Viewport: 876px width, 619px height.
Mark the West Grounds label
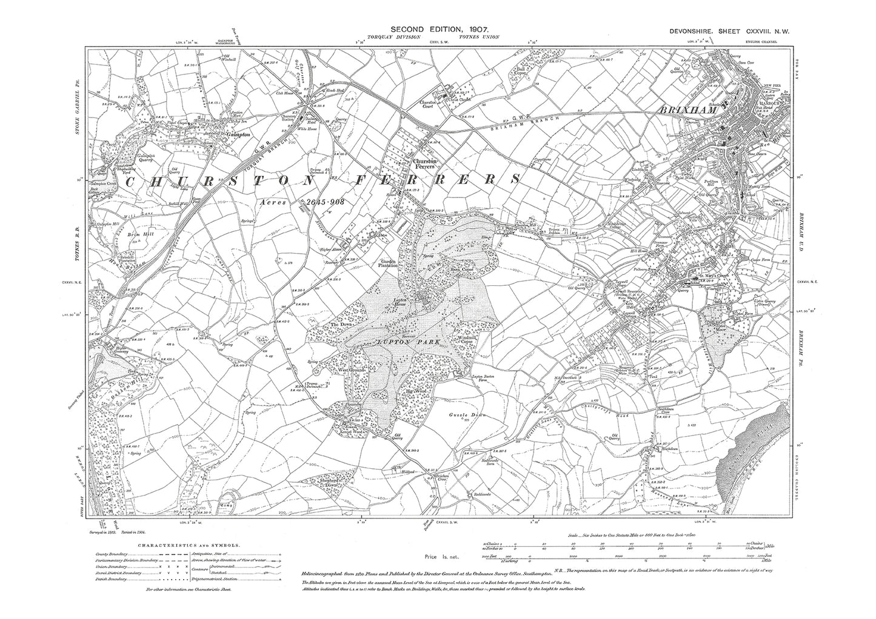[x=351, y=369]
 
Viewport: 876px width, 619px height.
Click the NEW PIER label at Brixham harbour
[x=772, y=85]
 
